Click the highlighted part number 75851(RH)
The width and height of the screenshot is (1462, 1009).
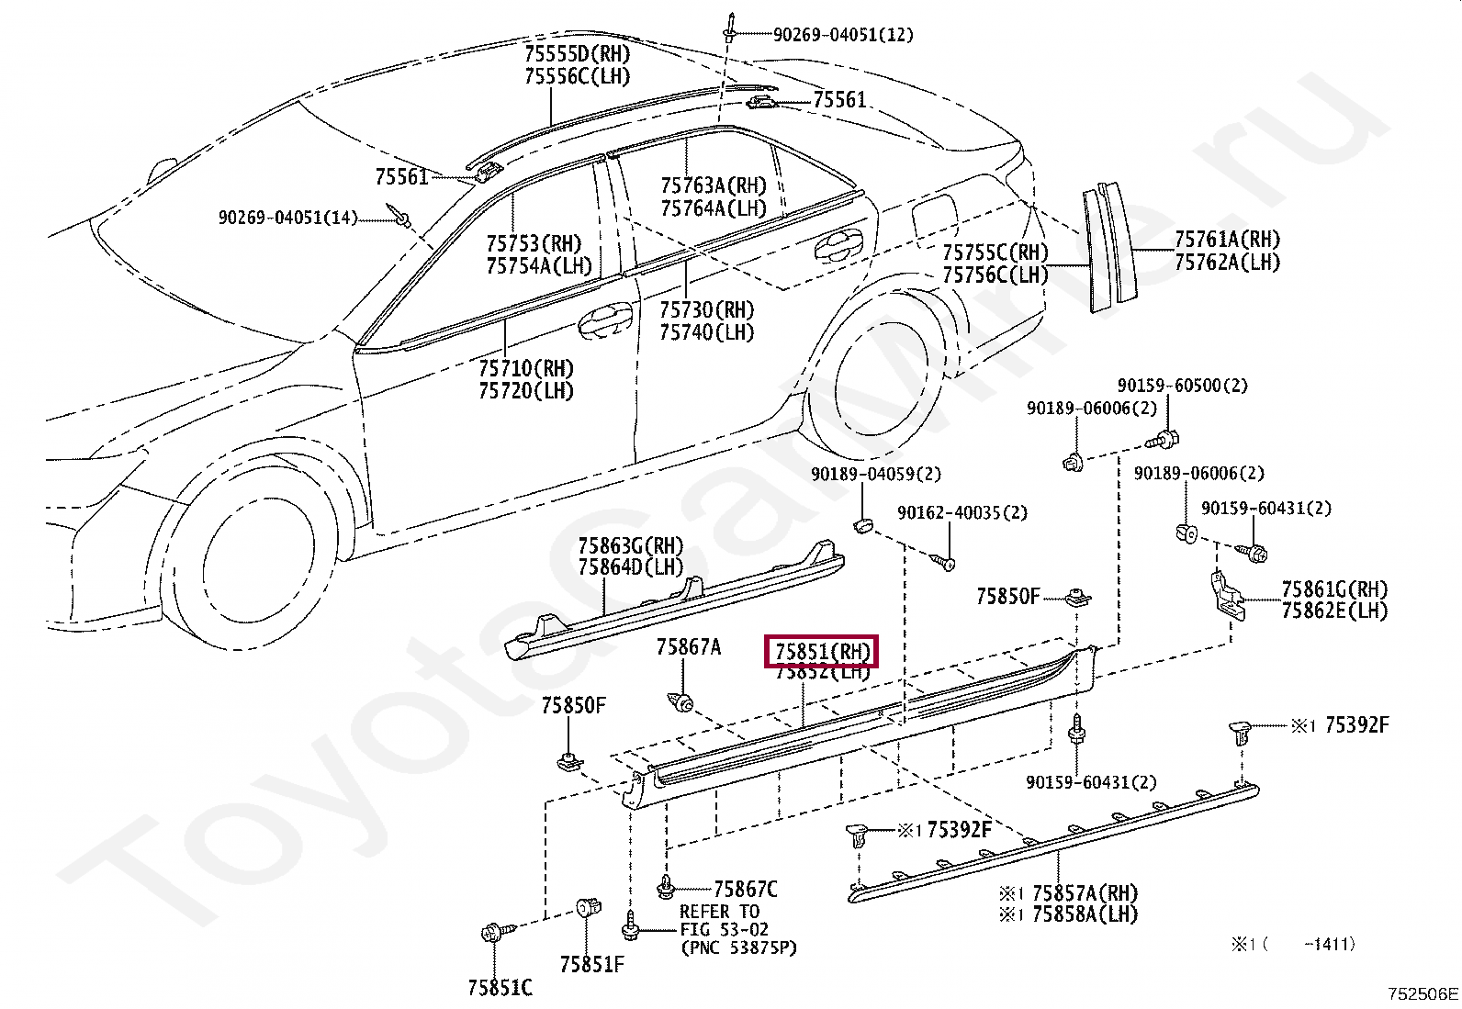[x=822, y=652]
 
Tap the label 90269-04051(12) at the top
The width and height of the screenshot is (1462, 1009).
[x=842, y=35]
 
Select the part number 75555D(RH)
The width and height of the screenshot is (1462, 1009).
[x=578, y=53]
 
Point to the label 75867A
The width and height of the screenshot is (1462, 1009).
[x=688, y=647]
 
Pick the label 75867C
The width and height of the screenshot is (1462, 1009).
[x=746, y=889]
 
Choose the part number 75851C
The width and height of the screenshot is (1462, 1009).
[x=500, y=988]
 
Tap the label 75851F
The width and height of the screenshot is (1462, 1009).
[x=591, y=964]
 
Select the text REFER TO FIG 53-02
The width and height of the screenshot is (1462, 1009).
[x=719, y=921]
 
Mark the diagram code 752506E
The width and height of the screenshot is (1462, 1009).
[x=1423, y=993]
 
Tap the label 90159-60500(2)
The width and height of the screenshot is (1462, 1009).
[x=1182, y=386]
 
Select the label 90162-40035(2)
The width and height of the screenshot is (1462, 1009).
[x=962, y=512]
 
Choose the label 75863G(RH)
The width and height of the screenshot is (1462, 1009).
[x=630, y=546]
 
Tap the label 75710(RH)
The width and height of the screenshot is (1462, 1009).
[x=525, y=368]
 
